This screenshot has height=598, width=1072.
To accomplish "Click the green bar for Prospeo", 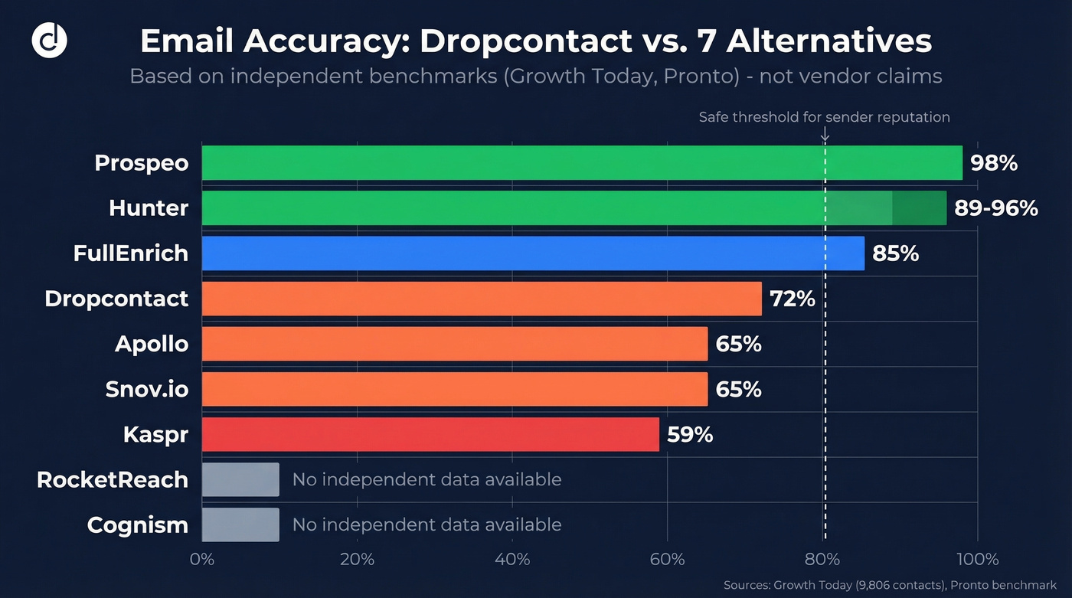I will pyautogui.click(x=582, y=163).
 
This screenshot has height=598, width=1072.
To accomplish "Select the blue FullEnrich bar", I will pyautogui.click(x=533, y=253).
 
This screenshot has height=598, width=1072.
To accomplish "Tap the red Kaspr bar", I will pyautogui.click(x=430, y=434).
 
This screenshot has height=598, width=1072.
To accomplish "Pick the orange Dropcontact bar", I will pyautogui.click(x=482, y=299).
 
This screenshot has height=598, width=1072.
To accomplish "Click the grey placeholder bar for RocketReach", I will pyautogui.click(x=240, y=479).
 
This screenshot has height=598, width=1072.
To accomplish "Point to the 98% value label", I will pyautogui.click(x=993, y=163).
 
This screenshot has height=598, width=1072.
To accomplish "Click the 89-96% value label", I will pyautogui.click(x=996, y=208).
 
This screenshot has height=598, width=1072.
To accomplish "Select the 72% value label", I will pyautogui.click(x=793, y=299).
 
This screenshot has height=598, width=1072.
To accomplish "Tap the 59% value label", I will pyautogui.click(x=690, y=435).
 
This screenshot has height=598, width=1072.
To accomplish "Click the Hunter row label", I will pyautogui.click(x=149, y=208).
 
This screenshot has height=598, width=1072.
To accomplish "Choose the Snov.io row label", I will pyautogui.click(x=147, y=390).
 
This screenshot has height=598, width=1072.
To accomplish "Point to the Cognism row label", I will pyautogui.click(x=138, y=525).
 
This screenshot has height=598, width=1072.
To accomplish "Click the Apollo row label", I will pyautogui.click(x=152, y=344).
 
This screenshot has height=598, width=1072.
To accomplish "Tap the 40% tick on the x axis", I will pyautogui.click(x=512, y=560).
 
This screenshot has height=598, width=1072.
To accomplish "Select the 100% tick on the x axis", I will pyautogui.click(x=976, y=560).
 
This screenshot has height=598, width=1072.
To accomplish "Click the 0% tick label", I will pyautogui.click(x=202, y=560).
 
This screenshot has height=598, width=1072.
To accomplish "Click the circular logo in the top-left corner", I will pyautogui.click(x=49, y=41).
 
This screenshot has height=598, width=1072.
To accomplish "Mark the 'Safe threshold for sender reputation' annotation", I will pyautogui.click(x=824, y=117).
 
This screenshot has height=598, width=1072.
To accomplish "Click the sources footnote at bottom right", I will pyautogui.click(x=890, y=585).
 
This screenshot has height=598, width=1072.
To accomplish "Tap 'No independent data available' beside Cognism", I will pyautogui.click(x=427, y=524).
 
